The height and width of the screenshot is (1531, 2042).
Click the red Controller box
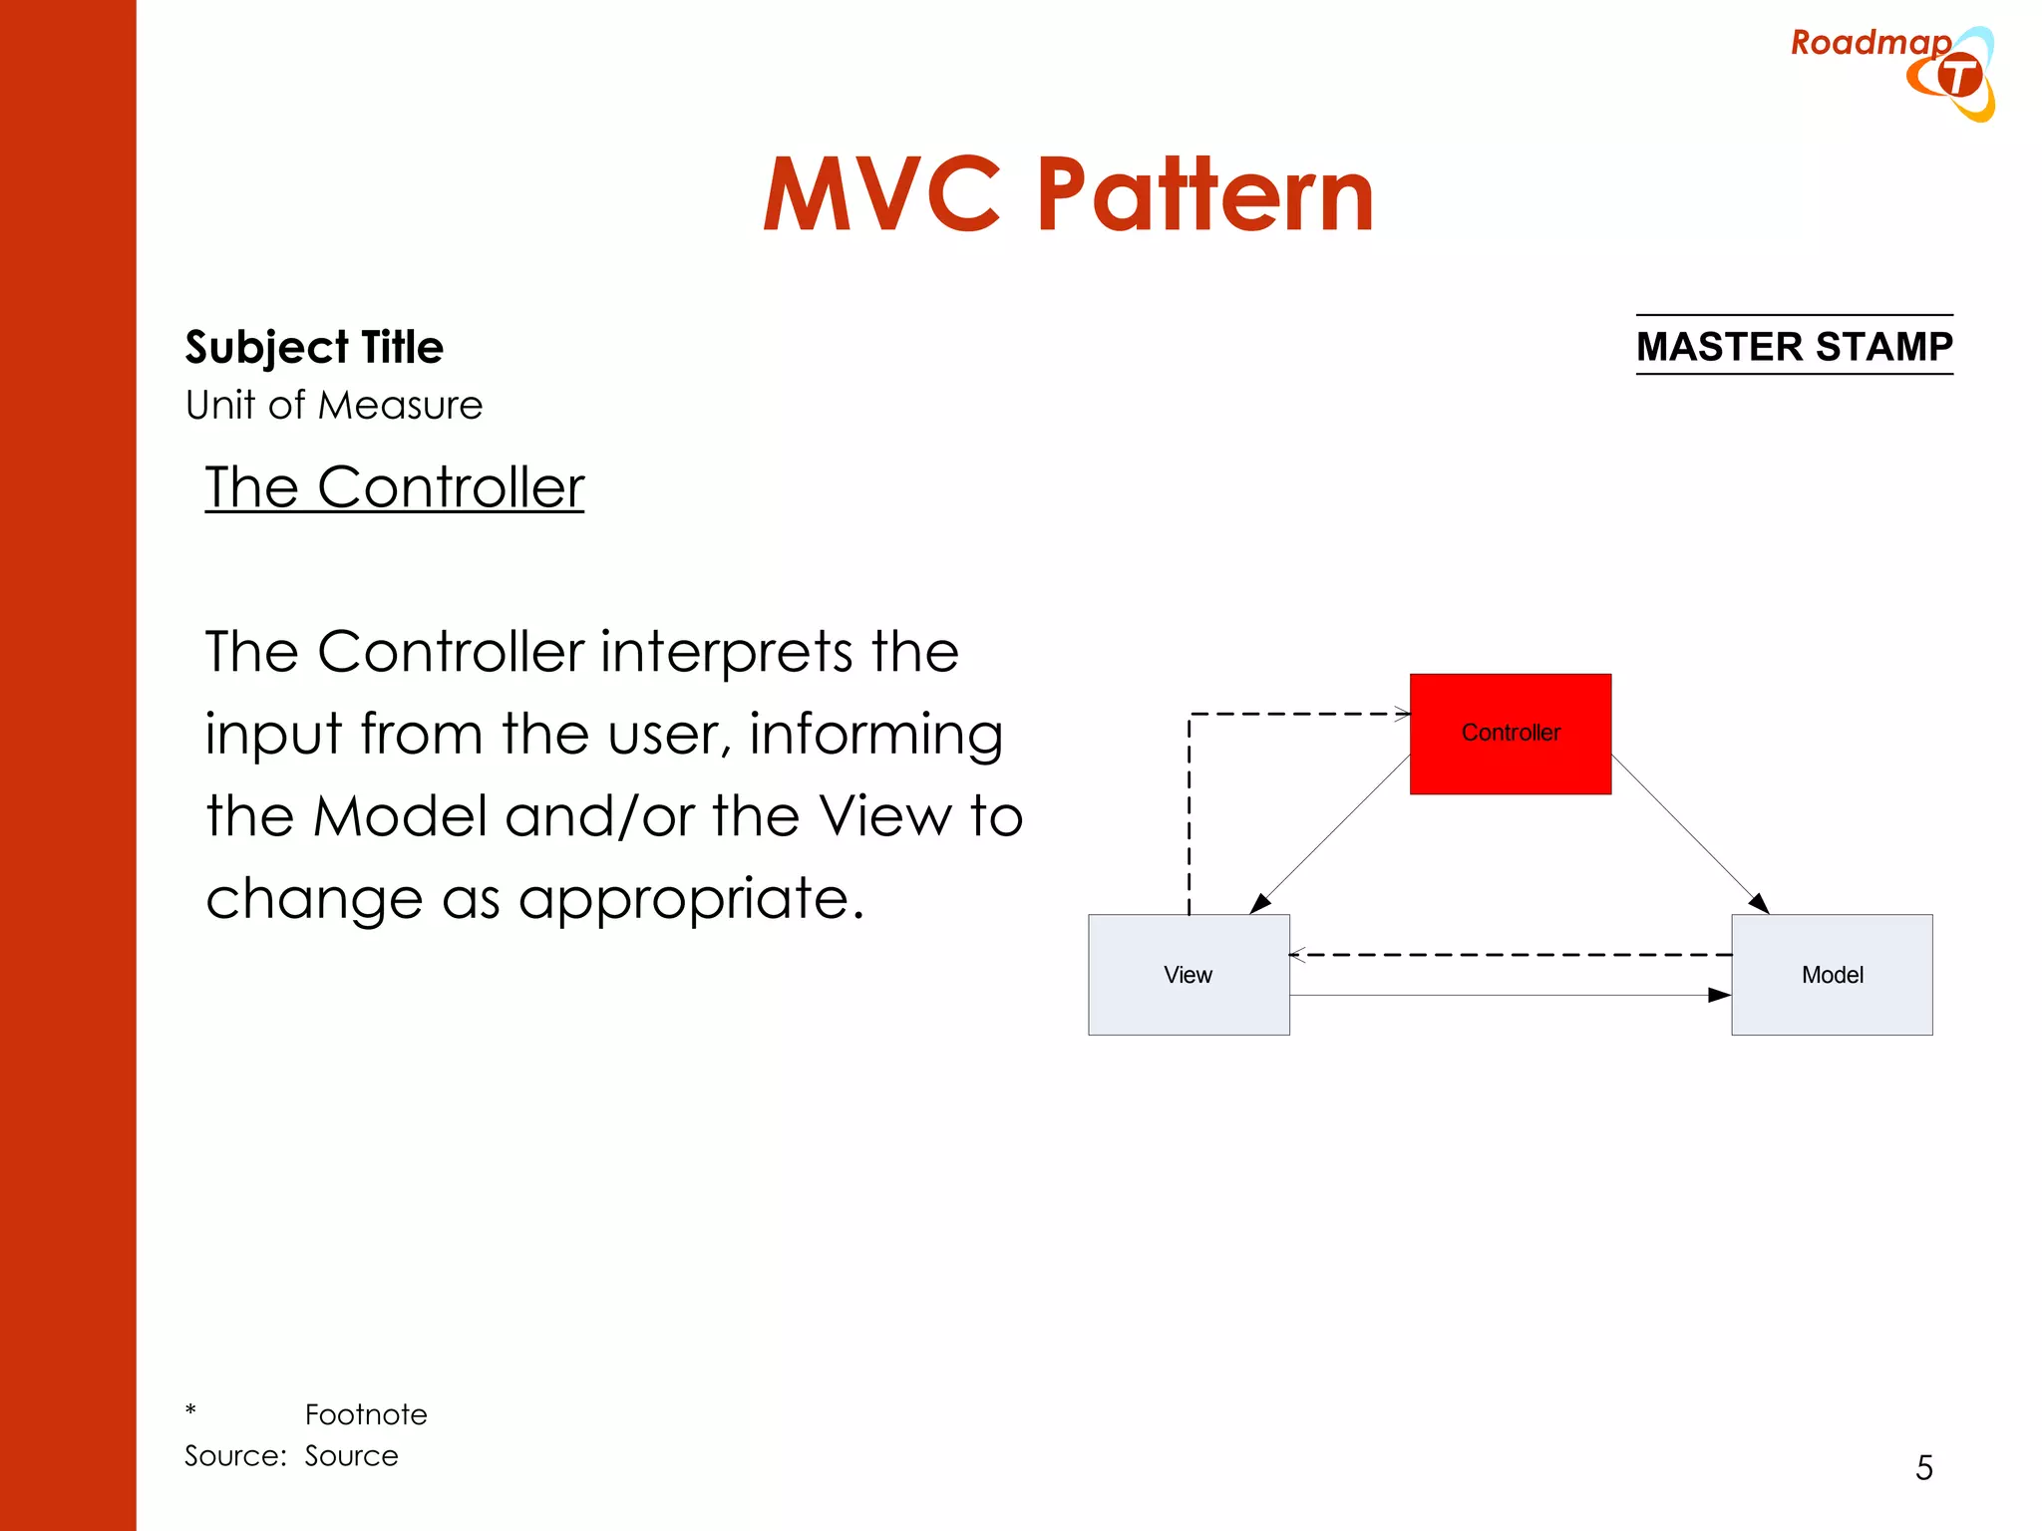(x=1510, y=734)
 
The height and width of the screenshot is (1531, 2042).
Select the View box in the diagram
(x=1188, y=974)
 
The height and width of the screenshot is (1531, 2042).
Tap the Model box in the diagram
(x=1831, y=974)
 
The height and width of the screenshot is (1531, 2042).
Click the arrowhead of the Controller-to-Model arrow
(x=1760, y=903)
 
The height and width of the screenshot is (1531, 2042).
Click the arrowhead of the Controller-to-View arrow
(x=1260, y=903)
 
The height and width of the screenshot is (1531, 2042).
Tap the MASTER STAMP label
(x=1794, y=346)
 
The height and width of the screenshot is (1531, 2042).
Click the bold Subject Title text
(x=314, y=347)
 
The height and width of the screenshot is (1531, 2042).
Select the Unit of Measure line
(x=334, y=406)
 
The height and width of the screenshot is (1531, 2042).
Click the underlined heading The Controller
(x=394, y=487)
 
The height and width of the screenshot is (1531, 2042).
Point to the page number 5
(x=1923, y=1467)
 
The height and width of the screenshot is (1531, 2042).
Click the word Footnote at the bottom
(x=366, y=1414)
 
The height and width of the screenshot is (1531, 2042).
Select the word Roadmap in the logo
(x=1870, y=42)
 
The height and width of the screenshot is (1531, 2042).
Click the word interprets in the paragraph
(x=727, y=652)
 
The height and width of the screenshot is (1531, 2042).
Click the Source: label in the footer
(x=235, y=1456)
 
